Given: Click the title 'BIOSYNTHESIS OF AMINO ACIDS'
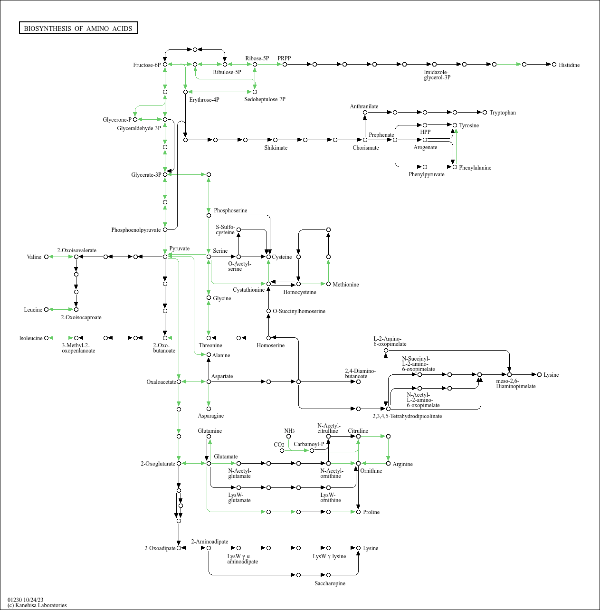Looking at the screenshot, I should click(78, 29).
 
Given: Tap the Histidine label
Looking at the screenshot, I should click(569, 65).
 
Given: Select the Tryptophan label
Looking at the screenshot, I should click(502, 113).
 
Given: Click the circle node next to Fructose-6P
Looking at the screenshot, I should click(165, 64).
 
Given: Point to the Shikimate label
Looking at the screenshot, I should click(276, 148).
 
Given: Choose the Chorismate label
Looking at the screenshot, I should click(365, 148).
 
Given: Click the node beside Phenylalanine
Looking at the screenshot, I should click(455, 167).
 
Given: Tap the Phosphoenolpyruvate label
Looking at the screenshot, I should click(136, 230).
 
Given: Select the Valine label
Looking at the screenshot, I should click(34, 257).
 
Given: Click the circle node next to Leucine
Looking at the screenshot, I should click(47, 310).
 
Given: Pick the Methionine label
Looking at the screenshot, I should click(345, 285).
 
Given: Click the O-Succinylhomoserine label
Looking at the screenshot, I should click(299, 311).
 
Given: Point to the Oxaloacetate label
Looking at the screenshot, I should click(161, 382).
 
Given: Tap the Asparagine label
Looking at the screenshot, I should click(210, 416).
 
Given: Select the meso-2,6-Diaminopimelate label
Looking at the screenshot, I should click(515, 384).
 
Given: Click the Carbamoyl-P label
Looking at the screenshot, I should click(308, 444).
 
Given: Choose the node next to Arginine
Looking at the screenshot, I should click(388, 463).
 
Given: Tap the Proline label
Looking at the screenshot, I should click(371, 512).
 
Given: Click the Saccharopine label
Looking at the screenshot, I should click(330, 583).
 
